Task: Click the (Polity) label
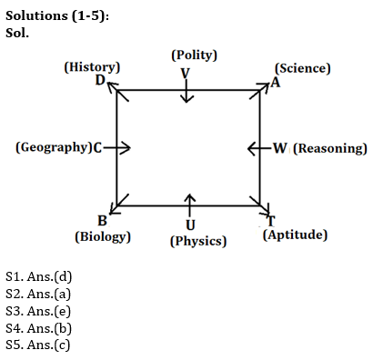tap(194, 55)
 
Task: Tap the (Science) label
tap(303, 68)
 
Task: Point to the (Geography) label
tap(53, 147)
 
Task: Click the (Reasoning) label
tap(330, 148)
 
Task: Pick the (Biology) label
tap(102, 236)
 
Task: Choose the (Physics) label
tap(198, 242)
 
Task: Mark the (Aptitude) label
tap(295, 235)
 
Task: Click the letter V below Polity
tap(186, 72)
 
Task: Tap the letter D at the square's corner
tap(100, 80)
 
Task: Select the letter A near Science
tap(276, 82)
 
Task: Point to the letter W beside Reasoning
tap(280, 148)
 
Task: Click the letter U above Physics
tap(189, 225)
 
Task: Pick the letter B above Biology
tap(102, 221)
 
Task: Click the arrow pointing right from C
tap(119, 147)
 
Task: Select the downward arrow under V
tap(186, 93)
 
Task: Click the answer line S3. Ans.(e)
tap(38, 310)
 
